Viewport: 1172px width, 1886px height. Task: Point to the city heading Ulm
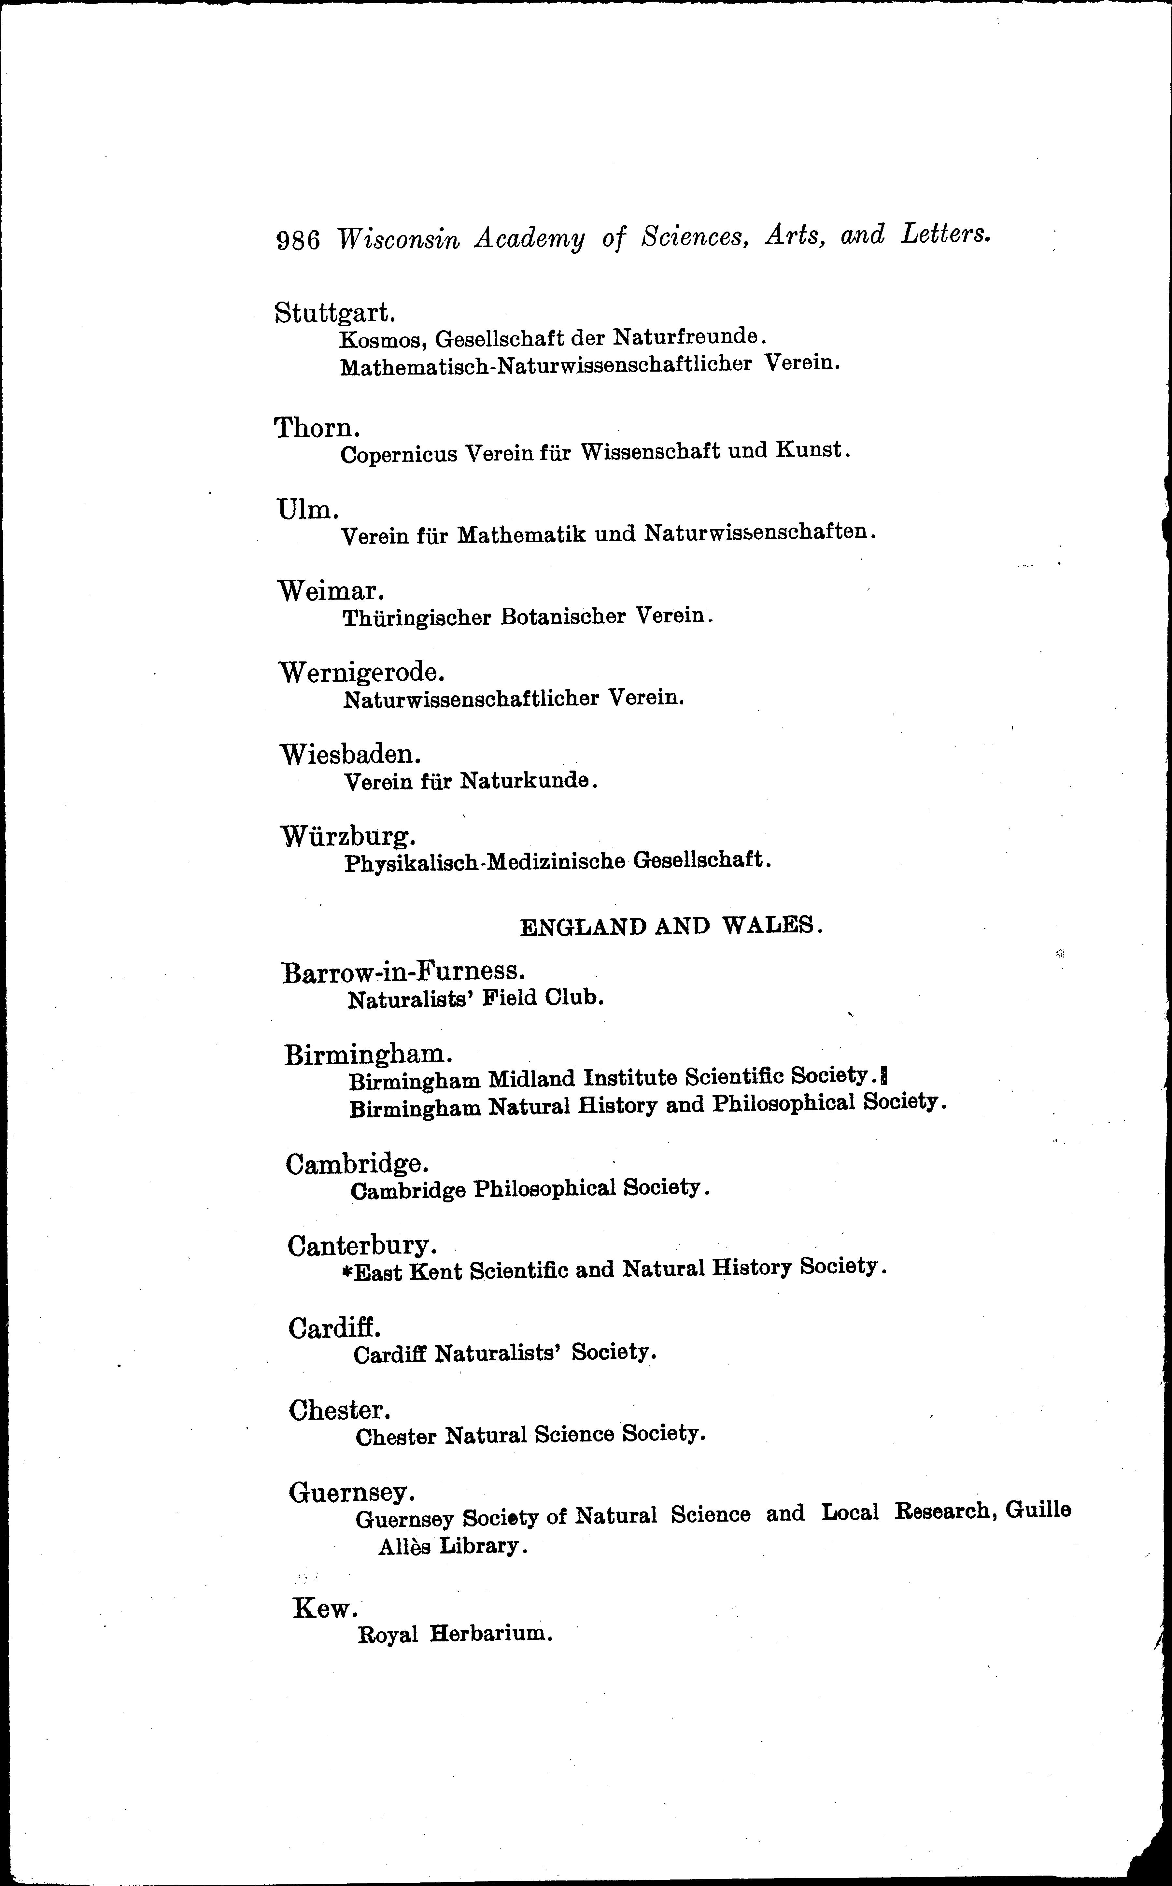[x=308, y=509]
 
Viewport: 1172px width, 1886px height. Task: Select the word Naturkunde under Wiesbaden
[x=527, y=781]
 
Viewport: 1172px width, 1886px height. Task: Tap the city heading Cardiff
[x=334, y=1328]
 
